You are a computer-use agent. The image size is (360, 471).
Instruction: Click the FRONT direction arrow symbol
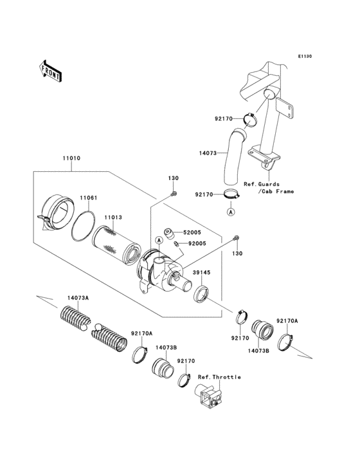click(x=51, y=70)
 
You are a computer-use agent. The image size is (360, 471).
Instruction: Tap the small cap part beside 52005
click(x=170, y=234)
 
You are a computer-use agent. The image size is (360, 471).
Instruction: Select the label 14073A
click(x=78, y=298)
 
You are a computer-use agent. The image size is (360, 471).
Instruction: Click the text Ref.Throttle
click(x=219, y=376)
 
